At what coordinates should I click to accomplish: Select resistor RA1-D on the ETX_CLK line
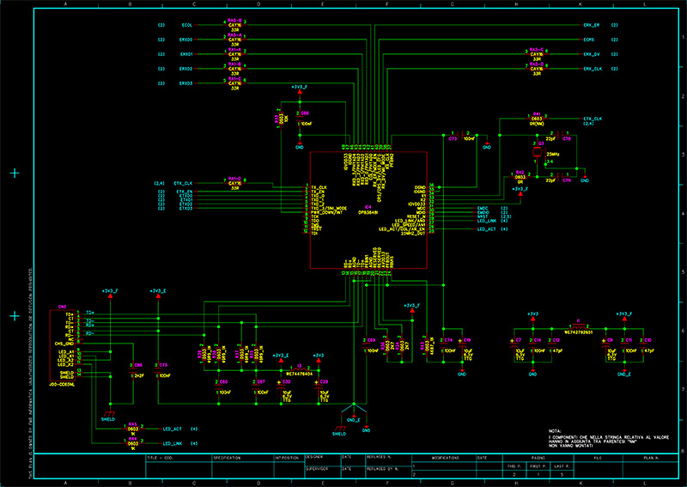tap(234, 182)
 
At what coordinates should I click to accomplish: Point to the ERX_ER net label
tap(592, 26)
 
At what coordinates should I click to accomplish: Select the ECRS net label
tap(589, 40)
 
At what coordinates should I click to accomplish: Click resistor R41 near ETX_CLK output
tap(537, 118)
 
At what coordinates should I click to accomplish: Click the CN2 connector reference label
tap(62, 307)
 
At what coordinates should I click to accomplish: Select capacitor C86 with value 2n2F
tap(138, 365)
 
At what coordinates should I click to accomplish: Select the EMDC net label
tap(483, 208)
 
